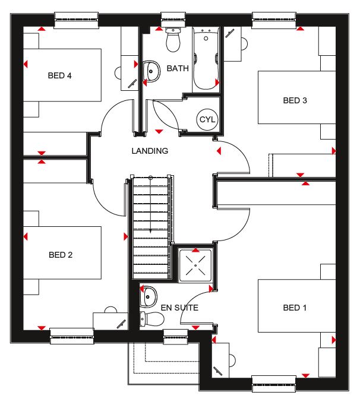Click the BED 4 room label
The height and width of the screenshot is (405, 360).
[59, 75]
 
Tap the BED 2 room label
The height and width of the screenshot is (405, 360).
[61, 255]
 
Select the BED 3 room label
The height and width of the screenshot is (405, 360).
[295, 100]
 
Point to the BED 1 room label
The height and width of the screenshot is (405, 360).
[295, 308]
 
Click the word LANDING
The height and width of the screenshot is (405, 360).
[150, 151]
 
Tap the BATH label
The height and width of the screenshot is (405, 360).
[178, 68]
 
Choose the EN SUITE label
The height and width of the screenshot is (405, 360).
[179, 308]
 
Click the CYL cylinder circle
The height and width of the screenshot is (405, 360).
[207, 119]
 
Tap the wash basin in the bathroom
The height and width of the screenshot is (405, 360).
[151, 71]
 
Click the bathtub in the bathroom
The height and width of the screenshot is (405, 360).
[206, 59]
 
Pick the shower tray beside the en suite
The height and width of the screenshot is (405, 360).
[195, 265]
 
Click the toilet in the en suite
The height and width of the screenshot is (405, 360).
[152, 319]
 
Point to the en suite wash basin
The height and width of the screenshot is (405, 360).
[149, 297]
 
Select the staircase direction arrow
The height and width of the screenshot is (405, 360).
[150, 204]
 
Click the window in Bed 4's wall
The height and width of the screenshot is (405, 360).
[77, 20]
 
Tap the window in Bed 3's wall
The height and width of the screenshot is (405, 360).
[274, 20]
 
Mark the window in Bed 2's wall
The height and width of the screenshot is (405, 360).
[72, 336]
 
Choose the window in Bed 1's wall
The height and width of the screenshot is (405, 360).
[274, 384]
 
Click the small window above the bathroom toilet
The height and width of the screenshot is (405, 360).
[173, 20]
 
